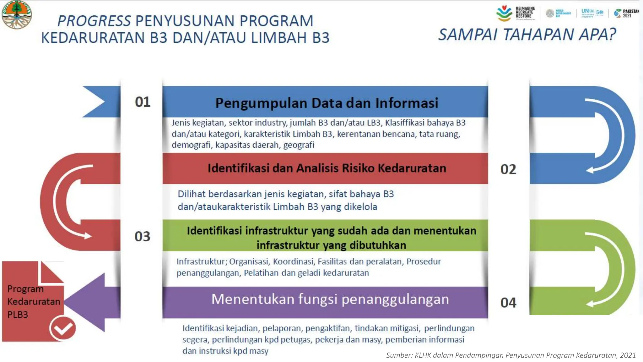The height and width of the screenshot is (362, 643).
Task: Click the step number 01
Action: click(x=143, y=102)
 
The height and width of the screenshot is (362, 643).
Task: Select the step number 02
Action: click(x=508, y=169)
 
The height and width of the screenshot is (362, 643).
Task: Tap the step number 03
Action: click(x=142, y=236)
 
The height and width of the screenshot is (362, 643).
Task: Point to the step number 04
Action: click(x=508, y=303)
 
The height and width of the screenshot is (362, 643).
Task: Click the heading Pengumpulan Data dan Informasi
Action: click(x=327, y=103)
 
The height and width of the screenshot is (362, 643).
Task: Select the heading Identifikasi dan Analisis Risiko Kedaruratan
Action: click(x=327, y=168)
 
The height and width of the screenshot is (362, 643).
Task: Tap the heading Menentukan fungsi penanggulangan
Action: click(x=330, y=299)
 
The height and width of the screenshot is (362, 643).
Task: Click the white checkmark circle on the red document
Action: click(x=62, y=329)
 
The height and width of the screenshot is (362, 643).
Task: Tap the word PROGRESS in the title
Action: click(x=94, y=21)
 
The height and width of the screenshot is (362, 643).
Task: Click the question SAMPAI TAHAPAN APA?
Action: click(x=527, y=35)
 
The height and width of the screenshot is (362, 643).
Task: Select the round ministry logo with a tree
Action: click(x=16, y=14)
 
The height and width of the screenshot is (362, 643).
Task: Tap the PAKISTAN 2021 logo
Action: click(x=627, y=13)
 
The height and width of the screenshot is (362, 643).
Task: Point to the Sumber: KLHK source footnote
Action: click(x=511, y=355)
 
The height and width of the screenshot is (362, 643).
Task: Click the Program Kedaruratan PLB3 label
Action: click(x=33, y=302)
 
